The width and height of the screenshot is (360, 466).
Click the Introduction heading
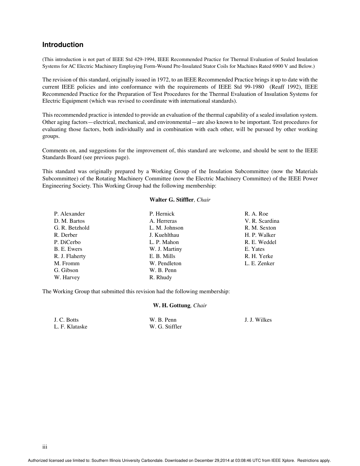click(x=63, y=45)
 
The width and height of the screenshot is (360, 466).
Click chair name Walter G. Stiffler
click(x=171, y=200)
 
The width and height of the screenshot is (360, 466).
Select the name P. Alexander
click(x=69, y=214)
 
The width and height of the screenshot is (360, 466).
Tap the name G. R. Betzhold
click(x=72, y=228)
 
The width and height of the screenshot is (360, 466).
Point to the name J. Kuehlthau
click(x=164, y=235)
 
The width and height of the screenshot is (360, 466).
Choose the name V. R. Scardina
click(x=262, y=221)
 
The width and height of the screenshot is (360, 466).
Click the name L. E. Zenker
click(x=259, y=263)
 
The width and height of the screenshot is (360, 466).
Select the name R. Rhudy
click(x=160, y=277)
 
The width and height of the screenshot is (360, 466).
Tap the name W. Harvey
click(x=67, y=277)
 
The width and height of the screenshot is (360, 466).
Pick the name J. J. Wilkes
click(x=258, y=320)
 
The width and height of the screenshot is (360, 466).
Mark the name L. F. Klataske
click(x=70, y=327)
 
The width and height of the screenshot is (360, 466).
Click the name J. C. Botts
click(x=66, y=320)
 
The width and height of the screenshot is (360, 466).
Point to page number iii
click(x=45, y=447)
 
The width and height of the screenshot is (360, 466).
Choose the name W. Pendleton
click(x=165, y=263)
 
